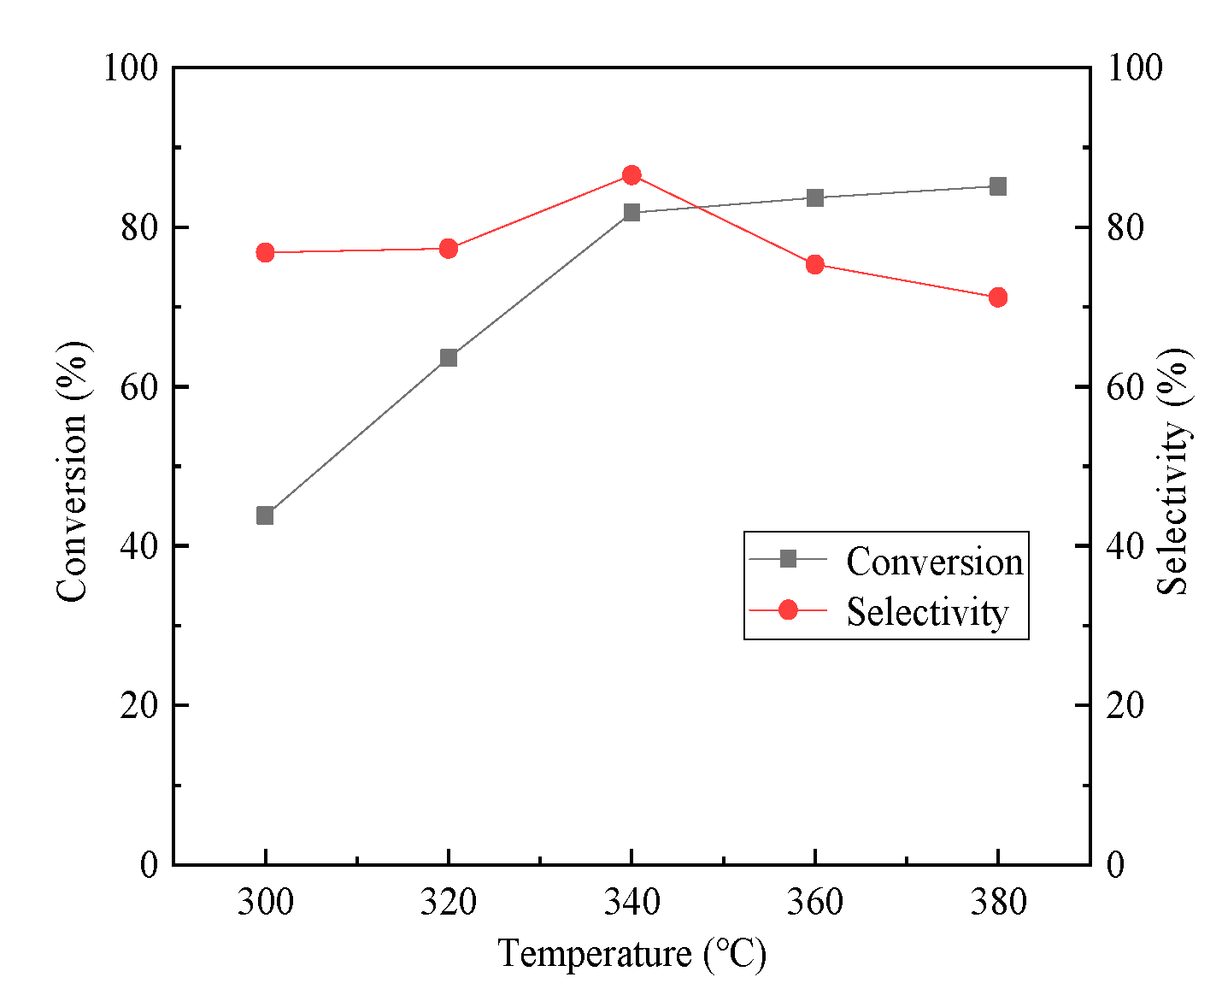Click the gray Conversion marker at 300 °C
point(265,515)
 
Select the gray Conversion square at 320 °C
point(449,357)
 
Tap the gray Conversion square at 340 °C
point(631,212)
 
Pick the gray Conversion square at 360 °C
point(815,197)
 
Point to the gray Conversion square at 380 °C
point(998,186)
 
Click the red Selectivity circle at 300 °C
point(265,252)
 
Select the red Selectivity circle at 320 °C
point(449,249)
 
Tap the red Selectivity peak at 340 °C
point(631,175)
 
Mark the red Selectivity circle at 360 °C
point(815,264)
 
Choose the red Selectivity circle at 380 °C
point(998,297)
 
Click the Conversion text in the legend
point(934,562)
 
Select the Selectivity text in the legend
point(927,612)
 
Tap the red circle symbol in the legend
point(788,609)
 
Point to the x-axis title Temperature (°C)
point(631,953)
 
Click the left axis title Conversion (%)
point(73,471)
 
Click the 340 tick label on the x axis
point(631,902)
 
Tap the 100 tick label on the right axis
point(1134,68)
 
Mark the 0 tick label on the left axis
point(150,864)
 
